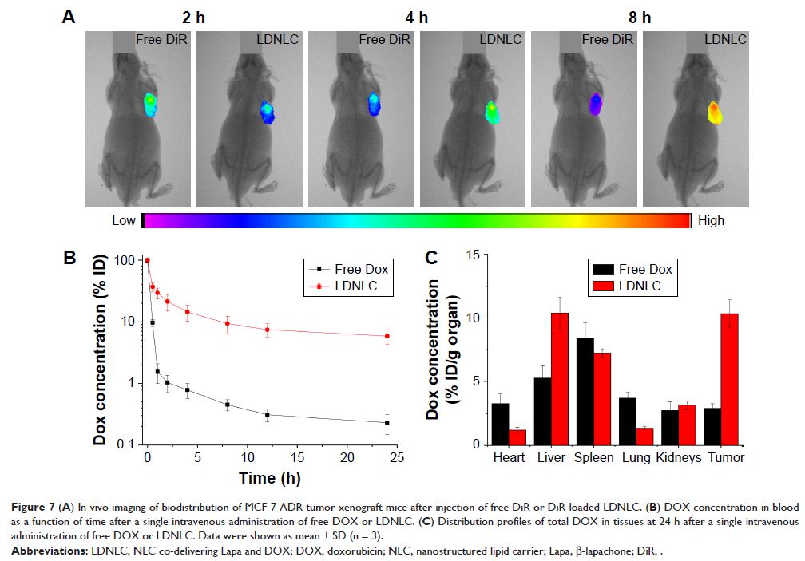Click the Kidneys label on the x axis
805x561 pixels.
pyautogui.click(x=679, y=458)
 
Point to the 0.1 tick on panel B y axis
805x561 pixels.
pyautogui.click(x=123, y=444)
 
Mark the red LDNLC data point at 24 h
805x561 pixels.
pyautogui.click(x=387, y=336)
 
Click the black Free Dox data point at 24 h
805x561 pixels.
pyautogui.click(x=387, y=422)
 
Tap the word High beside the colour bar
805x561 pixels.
pyautogui.click(x=712, y=220)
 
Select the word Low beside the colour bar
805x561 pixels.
pyautogui.click(x=124, y=220)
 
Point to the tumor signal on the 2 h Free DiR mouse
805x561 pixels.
pyautogui.click(x=150, y=105)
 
